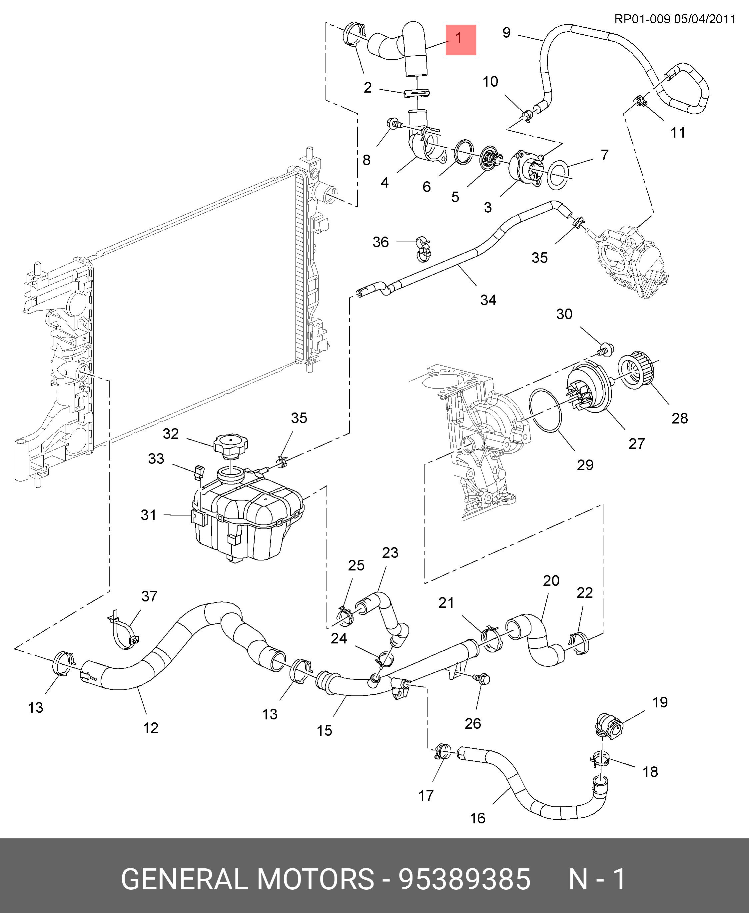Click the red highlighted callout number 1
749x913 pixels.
[460, 39]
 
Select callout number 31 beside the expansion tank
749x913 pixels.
[148, 515]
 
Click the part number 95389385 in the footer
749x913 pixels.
[464, 879]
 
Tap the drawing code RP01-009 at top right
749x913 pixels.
[642, 19]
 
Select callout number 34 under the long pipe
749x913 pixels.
[488, 300]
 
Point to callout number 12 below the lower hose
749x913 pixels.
[151, 728]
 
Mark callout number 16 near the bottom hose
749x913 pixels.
[477, 818]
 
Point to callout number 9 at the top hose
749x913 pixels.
[506, 32]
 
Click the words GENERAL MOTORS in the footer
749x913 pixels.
[247, 879]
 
